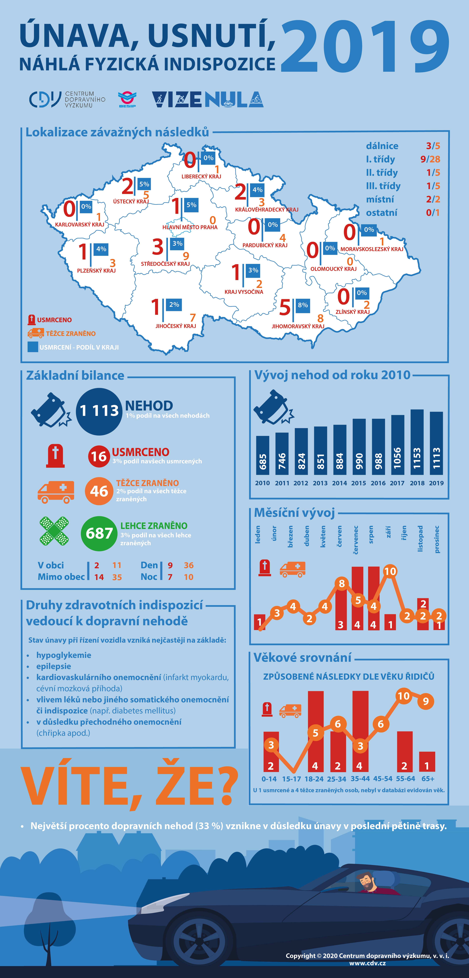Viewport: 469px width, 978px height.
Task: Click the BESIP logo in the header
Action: pos(127,99)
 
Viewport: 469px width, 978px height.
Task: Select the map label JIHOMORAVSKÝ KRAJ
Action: pos(298,326)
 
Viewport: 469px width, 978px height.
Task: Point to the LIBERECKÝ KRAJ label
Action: pos(201,177)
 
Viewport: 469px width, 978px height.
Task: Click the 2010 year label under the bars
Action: pos(262,483)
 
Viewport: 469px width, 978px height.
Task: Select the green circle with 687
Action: pos(99,533)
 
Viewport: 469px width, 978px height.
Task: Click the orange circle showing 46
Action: pos(99,491)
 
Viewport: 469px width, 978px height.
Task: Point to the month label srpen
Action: pos(371,535)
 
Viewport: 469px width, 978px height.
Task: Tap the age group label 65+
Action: pos(428,779)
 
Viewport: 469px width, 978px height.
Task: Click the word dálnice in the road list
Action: pos(382,146)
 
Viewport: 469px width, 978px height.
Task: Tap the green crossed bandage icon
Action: pos(54,531)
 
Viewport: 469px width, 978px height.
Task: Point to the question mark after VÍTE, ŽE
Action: pos(226,785)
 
